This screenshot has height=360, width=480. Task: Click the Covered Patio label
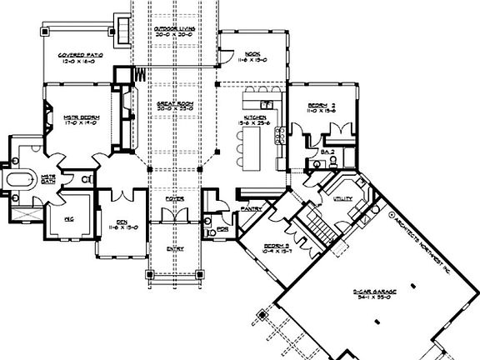point(79,57)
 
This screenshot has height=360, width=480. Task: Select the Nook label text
point(243,55)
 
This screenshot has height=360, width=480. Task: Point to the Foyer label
point(173,200)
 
